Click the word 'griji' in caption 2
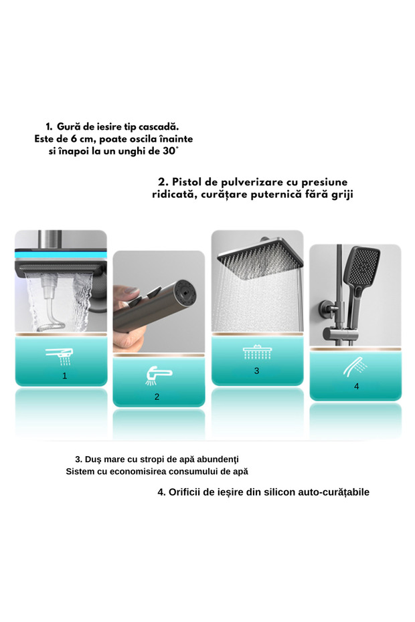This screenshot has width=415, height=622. pos(342,195)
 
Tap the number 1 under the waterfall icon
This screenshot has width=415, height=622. pos(65,376)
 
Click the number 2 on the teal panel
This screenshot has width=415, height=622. pos(157,397)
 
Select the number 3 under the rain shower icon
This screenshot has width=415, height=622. pos(256,371)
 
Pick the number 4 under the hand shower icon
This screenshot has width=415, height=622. pos(356,386)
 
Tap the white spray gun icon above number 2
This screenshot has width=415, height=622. pos(159,376)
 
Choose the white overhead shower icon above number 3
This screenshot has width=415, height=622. pos(257,352)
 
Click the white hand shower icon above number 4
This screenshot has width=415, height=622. pos(355,367)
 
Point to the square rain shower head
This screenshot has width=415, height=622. pos(260,258)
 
